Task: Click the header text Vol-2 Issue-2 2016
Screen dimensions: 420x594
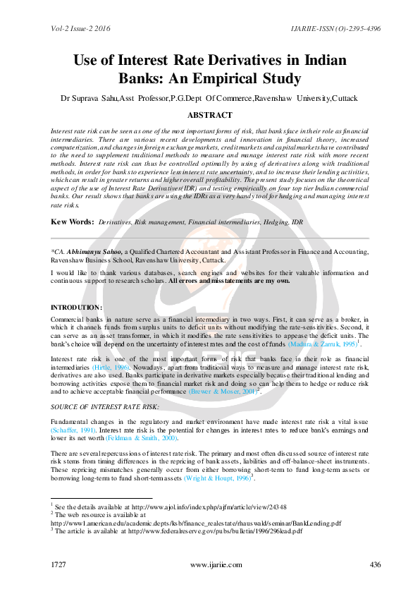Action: pos(80,28)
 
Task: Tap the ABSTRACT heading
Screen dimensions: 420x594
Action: pos(209,115)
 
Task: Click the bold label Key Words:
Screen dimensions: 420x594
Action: pos(73,222)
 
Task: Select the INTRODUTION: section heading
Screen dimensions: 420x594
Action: pos(77,308)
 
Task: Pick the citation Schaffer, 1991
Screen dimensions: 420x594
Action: pos(74,430)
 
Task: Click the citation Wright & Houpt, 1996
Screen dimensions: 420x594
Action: pos(216,478)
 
